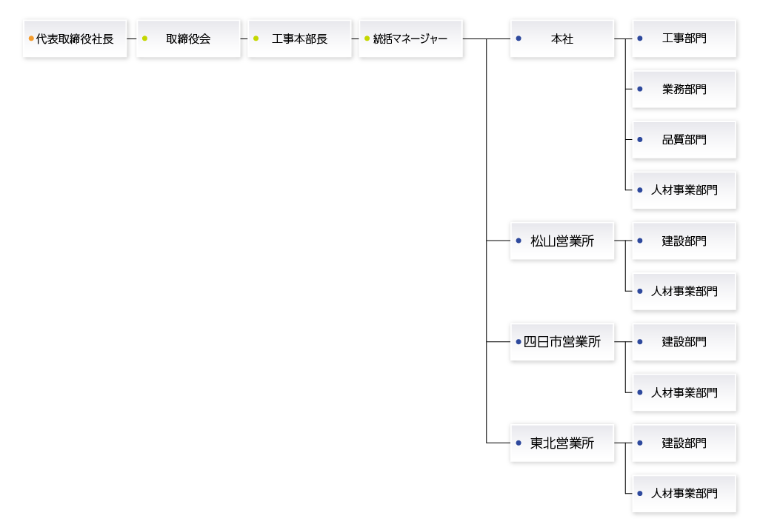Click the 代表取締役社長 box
[75, 38]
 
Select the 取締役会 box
[188, 38]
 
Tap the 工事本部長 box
[299, 38]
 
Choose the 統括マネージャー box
[410, 38]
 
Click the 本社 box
[562, 38]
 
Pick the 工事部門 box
[684, 38]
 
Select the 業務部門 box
[684, 89]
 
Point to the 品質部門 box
[684, 139]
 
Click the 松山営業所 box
[562, 241]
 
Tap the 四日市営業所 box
[562, 342]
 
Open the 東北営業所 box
[562, 443]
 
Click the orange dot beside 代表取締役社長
[31, 38]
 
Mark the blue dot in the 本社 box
[519, 38]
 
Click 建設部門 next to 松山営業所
[684, 241]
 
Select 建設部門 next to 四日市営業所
[684, 342]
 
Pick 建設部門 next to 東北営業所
[684, 443]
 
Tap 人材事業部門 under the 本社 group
[684, 190]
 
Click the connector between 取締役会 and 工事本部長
[244, 38]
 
